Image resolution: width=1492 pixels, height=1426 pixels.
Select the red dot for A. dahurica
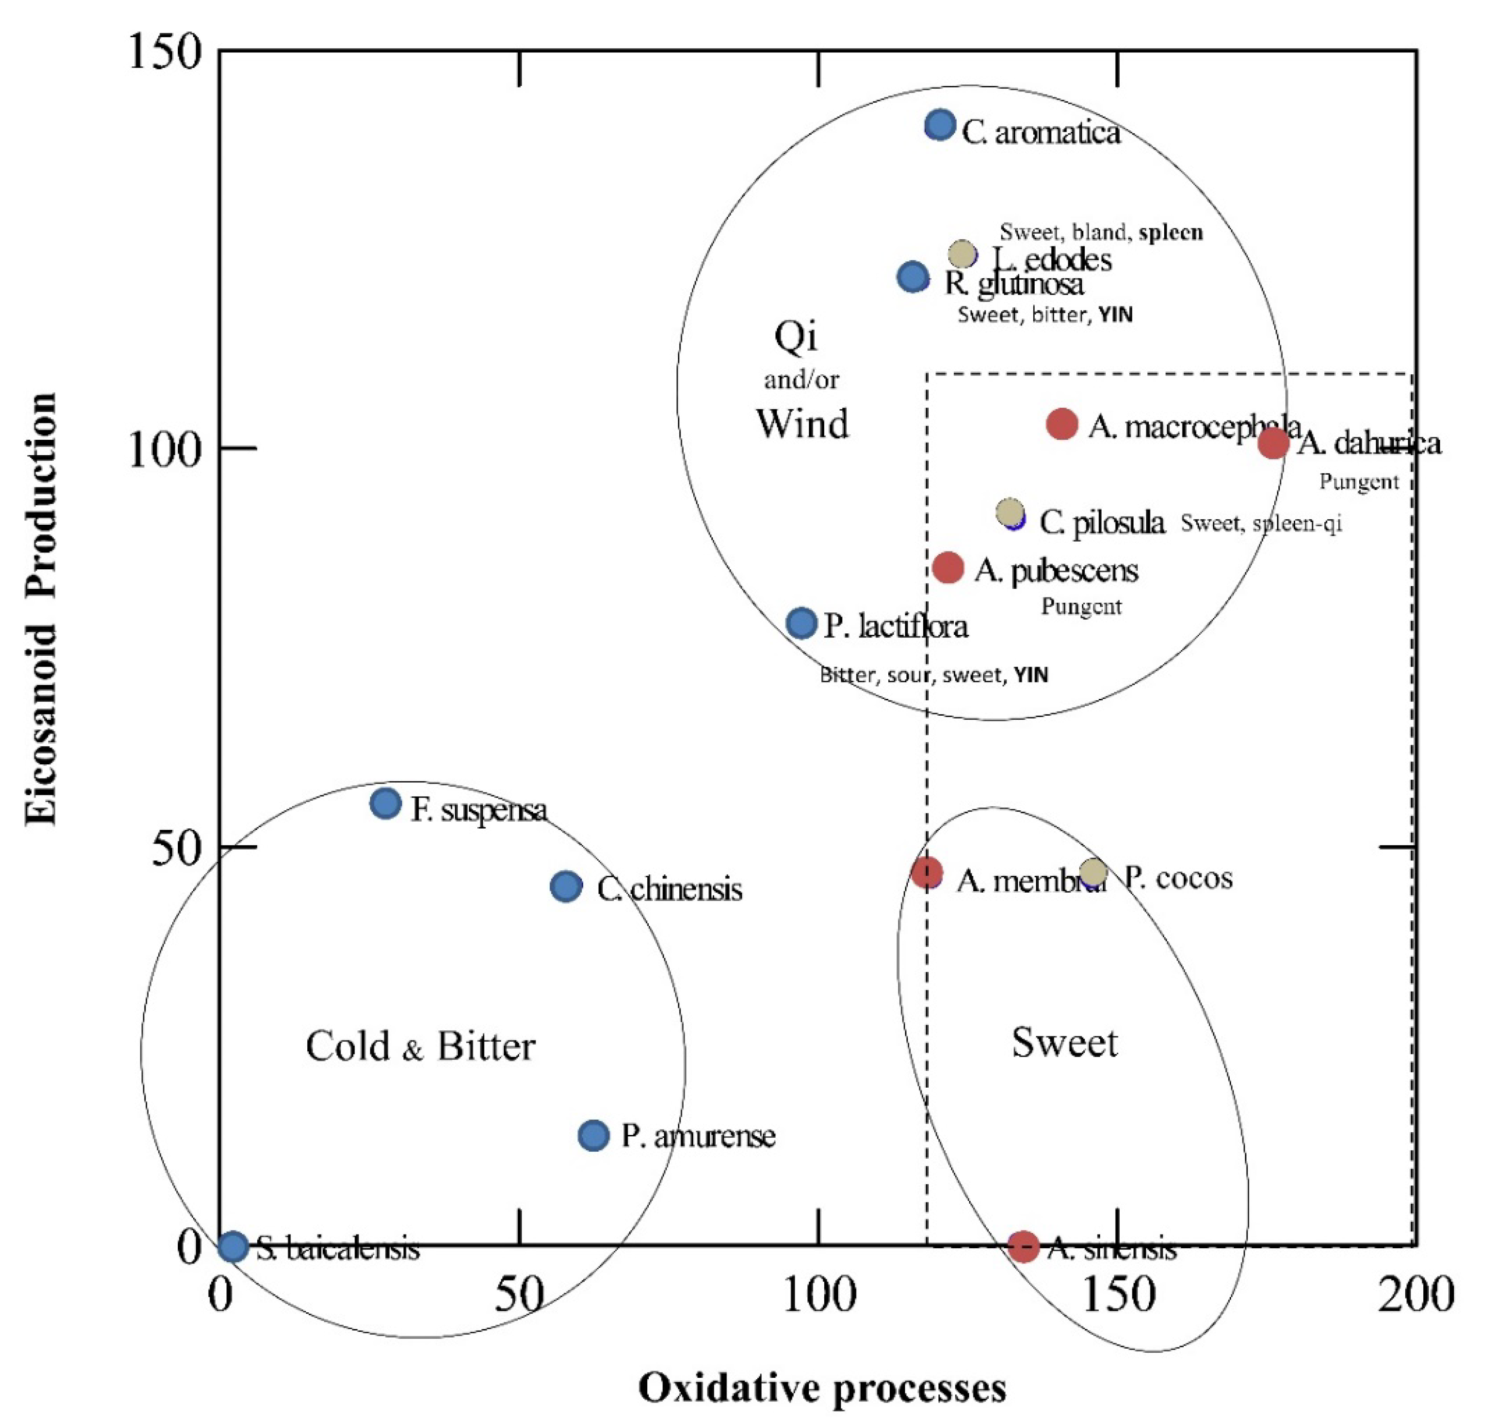pyautogui.click(x=1273, y=442)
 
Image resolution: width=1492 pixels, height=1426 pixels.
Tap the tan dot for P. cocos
pyautogui.click(x=1093, y=872)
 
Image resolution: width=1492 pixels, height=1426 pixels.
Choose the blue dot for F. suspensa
pyautogui.click(x=386, y=803)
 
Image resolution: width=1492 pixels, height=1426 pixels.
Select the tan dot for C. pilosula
pyautogui.click(x=1009, y=512)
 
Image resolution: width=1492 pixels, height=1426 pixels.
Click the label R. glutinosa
pyautogui.click(x=1014, y=284)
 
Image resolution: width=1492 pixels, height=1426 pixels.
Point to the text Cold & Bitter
pyautogui.click(x=421, y=1047)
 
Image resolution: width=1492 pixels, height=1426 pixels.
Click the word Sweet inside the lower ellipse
pyautogui.click(x=1064, y=1042)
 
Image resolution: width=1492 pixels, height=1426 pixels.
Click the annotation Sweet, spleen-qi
pyautogui.click(x=1261, y=523)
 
